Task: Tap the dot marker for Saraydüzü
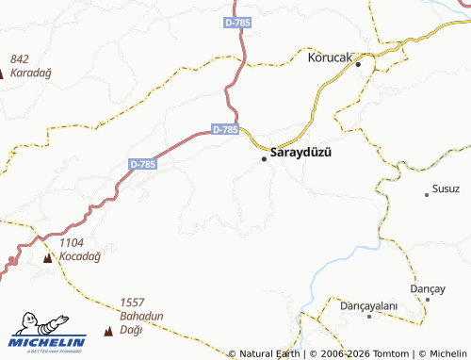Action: pyautogui.click(x=264, y=158)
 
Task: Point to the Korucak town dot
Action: pyautogui.click(x=358, y=57)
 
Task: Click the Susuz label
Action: pyautogui.click(x=446, y=189)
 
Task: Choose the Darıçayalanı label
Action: pyautogui.click(x=371, y=307)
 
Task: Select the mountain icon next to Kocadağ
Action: pyautogui.click(x=47, y=257)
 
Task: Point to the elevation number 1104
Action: pyautogui.click(x=73, y=242)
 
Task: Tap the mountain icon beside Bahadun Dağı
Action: pyautogui.click(x=106, y=331)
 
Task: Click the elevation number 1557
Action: pyautogui.click(x=134, y=303)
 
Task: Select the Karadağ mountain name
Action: pyautogui.click(x=30, y=72)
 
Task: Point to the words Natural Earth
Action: pyautogui.click(x=268, y=353)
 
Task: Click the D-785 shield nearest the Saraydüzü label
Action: pyautogui.click(x=225, y=129)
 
